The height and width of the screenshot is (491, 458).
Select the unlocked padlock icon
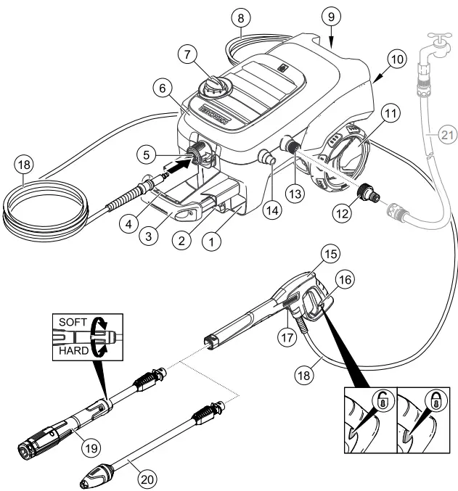[381, 400]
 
